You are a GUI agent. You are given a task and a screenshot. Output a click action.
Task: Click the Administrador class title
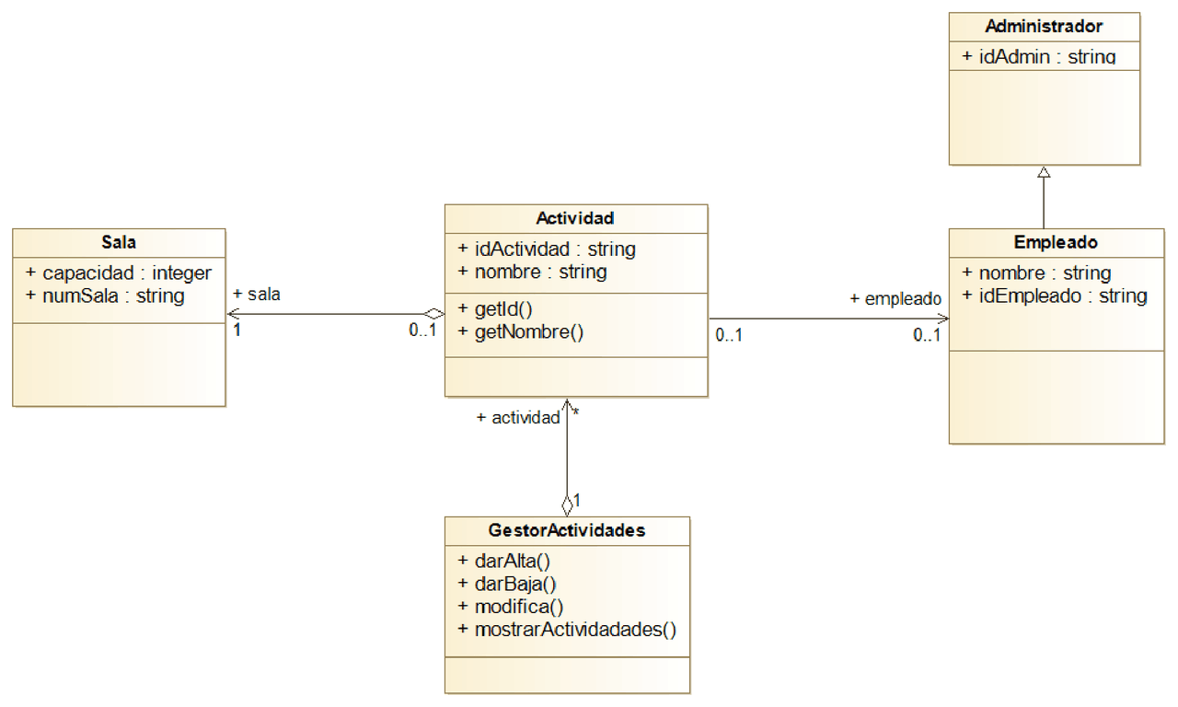point(1044,26)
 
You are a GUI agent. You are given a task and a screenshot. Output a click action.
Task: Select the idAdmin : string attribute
point(1039,57)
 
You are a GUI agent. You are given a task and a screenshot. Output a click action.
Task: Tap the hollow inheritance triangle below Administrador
point(1043,172)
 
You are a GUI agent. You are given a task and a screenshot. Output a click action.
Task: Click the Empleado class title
point(1056,243)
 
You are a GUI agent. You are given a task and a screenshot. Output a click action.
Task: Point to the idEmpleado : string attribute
point(1054,296)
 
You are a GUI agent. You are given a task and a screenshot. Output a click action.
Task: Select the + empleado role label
point(895,298)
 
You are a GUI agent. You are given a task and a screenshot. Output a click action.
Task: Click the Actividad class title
point(575,218)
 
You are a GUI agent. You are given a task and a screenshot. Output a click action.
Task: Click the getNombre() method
point(520,332)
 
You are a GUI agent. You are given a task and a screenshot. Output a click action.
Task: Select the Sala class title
point(119,243)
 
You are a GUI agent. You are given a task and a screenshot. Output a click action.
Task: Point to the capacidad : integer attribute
point(119,272)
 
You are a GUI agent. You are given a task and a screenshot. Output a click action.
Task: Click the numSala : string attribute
point(105,296)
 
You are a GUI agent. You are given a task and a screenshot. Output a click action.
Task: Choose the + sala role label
point(257,295)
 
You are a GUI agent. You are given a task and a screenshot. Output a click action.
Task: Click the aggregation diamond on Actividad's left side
point(433,314)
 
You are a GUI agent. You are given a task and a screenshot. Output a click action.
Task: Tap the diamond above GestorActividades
point(567,504)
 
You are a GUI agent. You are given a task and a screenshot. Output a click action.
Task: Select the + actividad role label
point(518,418)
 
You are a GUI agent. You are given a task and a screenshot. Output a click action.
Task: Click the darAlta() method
point(503,560)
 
